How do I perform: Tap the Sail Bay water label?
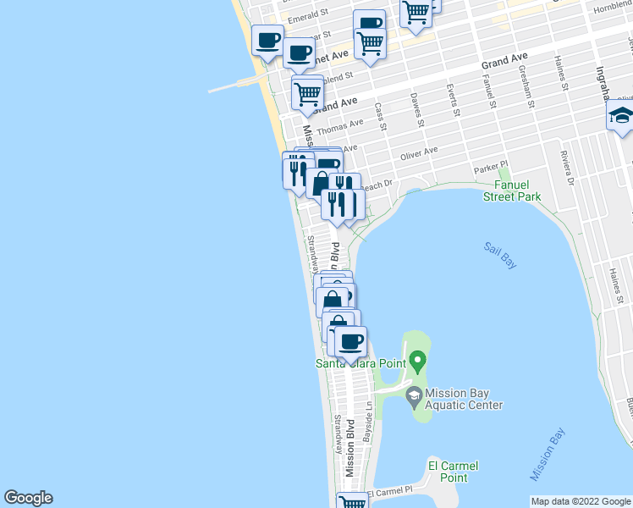pos(500,255)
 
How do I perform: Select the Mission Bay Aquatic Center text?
pos(464,399)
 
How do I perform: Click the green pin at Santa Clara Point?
pos(416,363)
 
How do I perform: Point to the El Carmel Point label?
pos(453,472)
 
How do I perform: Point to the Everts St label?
pos(454,100)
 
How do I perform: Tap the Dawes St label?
pos(416,110)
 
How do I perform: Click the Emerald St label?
pos(307,16)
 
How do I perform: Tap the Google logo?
pos(28,498)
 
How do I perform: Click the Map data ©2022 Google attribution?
pos(581,500)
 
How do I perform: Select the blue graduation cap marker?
pos(621,117)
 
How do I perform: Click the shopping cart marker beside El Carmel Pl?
pos(353,502)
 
